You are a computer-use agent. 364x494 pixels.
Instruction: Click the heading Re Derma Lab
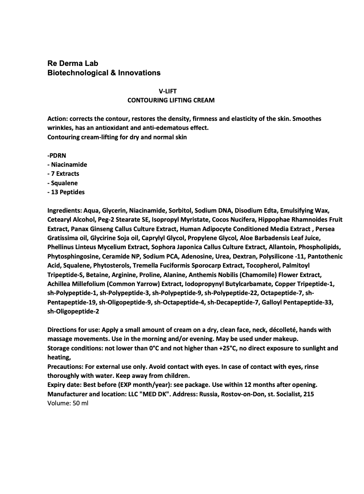72,63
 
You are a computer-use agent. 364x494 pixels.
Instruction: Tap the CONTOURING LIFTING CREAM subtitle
171,100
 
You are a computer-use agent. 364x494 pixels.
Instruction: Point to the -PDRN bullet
57,155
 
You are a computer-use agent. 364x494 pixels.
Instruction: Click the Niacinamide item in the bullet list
69,164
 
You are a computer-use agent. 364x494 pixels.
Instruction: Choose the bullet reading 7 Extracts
65,173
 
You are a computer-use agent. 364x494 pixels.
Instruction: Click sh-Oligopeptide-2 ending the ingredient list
73,312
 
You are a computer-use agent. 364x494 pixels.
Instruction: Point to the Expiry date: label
65,385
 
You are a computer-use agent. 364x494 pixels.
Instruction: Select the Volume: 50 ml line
68,403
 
